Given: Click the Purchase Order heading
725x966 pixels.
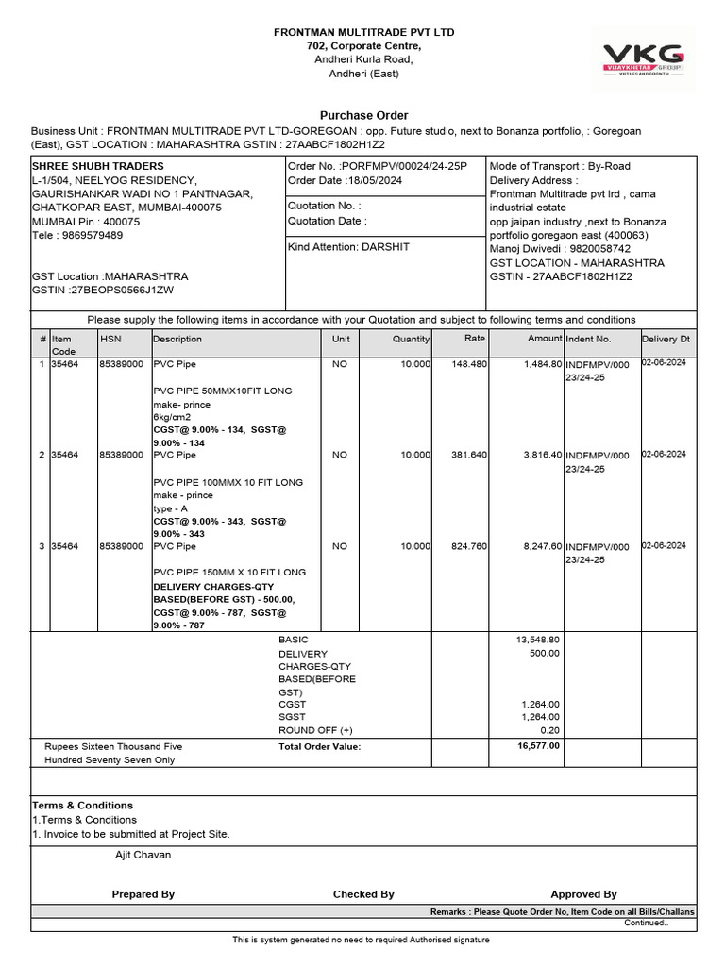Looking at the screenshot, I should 363,115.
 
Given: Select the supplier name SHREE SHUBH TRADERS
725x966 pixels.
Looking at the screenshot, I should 98,166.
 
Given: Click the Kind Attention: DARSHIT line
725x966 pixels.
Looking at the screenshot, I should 348,247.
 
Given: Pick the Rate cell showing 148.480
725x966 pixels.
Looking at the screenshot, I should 469,363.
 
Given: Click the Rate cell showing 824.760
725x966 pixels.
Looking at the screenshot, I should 469,546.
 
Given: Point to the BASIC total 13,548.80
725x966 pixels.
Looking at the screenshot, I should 540,640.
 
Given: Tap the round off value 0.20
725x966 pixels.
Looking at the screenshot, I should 549,730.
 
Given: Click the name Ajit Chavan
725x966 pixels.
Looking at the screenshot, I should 137,855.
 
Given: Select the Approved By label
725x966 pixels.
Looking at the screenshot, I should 583,894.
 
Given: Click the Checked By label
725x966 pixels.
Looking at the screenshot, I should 363,894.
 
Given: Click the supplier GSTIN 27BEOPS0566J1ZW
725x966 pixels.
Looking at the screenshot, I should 115,291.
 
